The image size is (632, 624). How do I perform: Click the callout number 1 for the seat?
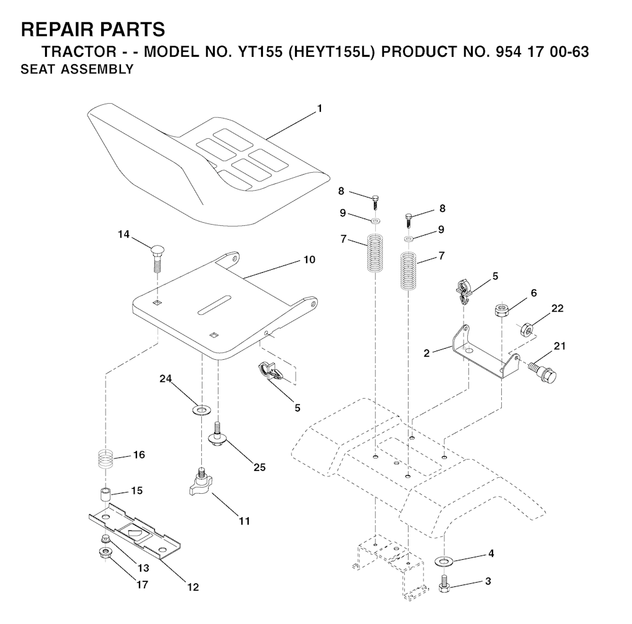(x=319, y=109)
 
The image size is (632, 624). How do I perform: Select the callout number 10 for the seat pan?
(x=309, y=260)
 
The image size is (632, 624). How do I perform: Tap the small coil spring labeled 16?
(x=107, y=459)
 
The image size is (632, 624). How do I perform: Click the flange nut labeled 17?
(x=105, y=551)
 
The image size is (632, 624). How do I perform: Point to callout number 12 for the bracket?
(x=193, y=587)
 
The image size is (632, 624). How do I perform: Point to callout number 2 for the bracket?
(x=426, y=352)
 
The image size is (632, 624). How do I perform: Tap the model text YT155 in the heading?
(x=258, y=51)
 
